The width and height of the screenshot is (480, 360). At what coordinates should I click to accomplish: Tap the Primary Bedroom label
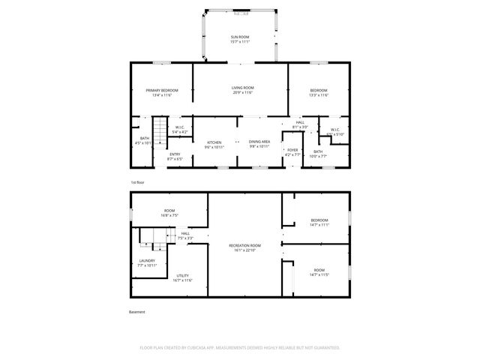coord(163,92)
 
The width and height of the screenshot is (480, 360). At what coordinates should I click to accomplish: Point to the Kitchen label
coord(214,144)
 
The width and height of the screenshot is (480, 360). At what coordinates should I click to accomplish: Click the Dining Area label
coord(259,144)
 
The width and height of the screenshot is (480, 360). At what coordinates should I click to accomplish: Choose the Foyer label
coord(292,152)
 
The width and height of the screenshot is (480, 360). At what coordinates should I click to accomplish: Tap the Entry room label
coord(174,156)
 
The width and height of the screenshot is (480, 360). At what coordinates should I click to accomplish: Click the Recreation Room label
coord(244,248)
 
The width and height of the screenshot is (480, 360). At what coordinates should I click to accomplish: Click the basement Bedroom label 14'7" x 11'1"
coord(319,222)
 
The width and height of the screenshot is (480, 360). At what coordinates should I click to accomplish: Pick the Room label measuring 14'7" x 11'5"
coord(319,272)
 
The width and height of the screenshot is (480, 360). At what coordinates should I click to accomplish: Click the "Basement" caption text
coord(137,312)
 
